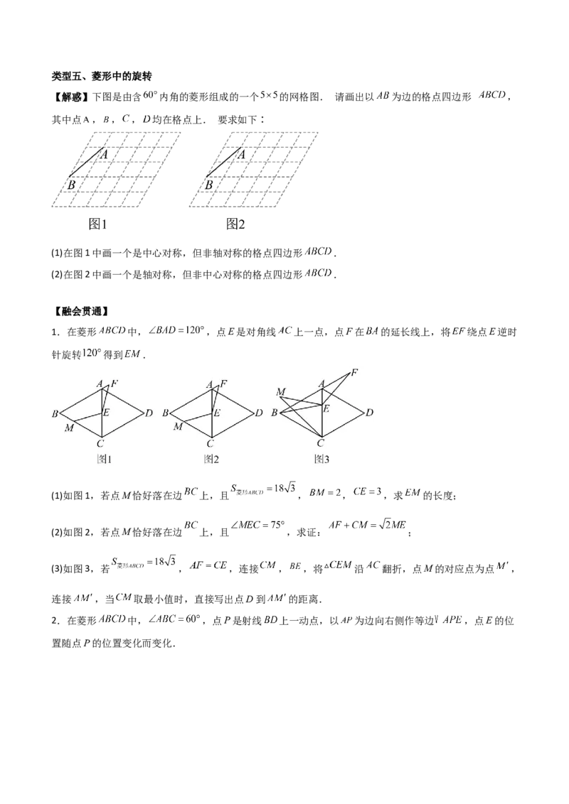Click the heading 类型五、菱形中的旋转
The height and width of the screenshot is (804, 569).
click(101, 76)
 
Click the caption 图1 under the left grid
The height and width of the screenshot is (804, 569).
click(97, 224)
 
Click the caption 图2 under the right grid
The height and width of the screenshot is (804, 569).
click(235, 224)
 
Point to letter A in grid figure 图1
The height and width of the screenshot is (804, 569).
click(104, 154)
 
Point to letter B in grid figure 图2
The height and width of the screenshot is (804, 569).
click(209, 185)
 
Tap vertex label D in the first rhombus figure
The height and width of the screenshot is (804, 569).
click(149, 413)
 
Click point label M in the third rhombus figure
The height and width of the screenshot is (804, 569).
click(280, 392)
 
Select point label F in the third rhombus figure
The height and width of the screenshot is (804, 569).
click(353, 373)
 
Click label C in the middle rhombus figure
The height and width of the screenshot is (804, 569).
click(210, 443)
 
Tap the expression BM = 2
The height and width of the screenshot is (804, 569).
click(325, 493)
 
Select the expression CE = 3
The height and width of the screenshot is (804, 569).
click(367, 491)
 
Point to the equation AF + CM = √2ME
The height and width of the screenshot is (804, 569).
click(367, 525)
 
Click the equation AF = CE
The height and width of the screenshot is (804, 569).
click(208, 565)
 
